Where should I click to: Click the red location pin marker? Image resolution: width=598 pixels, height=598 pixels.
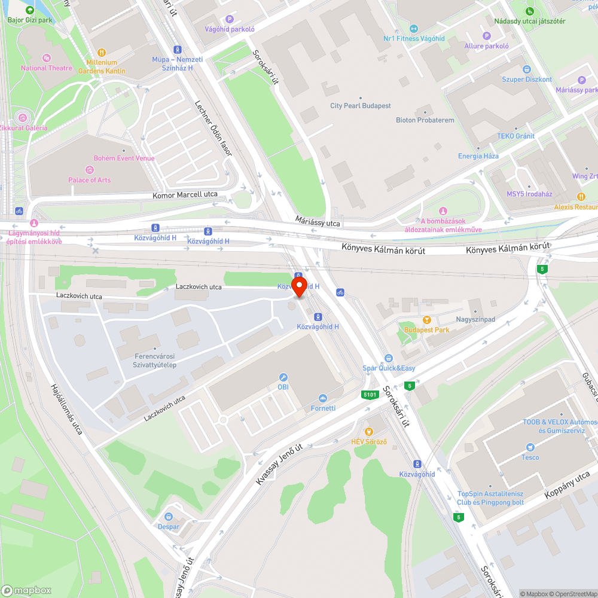click(298, 285)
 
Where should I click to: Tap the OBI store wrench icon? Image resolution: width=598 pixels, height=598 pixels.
click(283, 377)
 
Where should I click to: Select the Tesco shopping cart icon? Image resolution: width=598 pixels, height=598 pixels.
click(529, 447)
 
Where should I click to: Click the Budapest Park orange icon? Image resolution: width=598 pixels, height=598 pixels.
click(426, 320)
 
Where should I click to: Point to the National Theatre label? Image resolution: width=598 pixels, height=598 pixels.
click(46, 68)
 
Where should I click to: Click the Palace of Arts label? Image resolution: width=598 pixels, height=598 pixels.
click(89, 180)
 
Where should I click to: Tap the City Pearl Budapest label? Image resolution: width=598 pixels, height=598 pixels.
click(361, 106)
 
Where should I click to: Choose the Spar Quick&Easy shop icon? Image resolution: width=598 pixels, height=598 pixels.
click(388, 358)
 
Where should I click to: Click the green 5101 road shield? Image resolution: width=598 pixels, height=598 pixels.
click(370, 395)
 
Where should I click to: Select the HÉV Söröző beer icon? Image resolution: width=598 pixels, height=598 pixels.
click(368, 431)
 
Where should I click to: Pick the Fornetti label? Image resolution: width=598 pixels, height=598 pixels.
click(323, 408)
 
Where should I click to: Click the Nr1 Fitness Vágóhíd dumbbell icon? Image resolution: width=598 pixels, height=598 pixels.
click(413, 29)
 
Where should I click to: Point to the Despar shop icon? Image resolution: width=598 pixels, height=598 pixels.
click(169, 517)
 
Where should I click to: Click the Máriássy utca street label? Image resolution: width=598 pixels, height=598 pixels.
click(318, 222)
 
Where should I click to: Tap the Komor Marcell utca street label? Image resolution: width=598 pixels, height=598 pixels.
click(185, 194)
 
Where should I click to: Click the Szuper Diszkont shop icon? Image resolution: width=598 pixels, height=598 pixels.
click(526, 69)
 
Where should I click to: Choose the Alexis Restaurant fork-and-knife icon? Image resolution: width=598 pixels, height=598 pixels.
click(581, 197)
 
